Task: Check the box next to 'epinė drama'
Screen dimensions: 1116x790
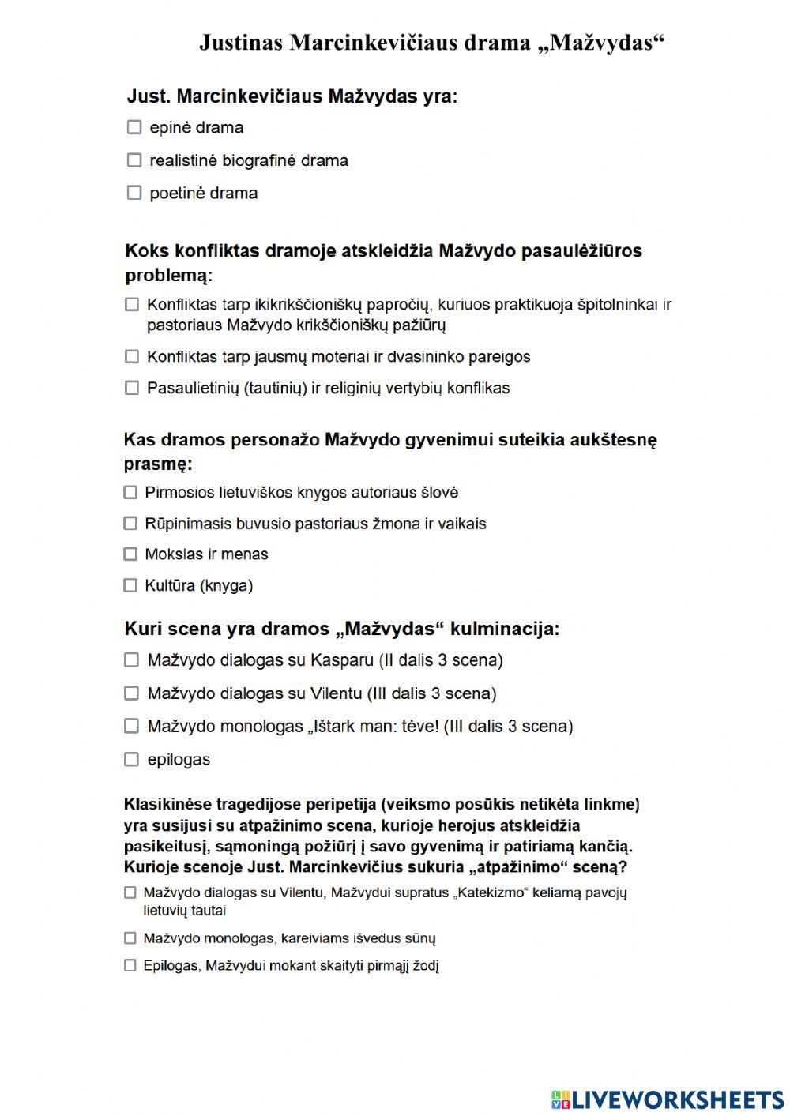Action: click(134, 127)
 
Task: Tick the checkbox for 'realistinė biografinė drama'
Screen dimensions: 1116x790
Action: click(134, 160)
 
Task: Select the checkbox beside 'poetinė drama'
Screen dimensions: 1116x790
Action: click(134, 193)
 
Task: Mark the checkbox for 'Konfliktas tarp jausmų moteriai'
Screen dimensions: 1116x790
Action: click(132, 357)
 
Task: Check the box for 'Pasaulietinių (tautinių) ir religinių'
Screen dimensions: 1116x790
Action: click(132, 388)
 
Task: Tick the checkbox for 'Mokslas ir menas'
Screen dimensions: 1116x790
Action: click(130, 554)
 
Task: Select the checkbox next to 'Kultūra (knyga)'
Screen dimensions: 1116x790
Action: click(130, 585)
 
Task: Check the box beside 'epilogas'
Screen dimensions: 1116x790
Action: click(132, 760)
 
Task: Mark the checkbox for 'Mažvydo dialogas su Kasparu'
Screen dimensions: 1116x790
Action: click(132, 659)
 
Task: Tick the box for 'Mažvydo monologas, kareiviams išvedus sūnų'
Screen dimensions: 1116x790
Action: click(130, 938)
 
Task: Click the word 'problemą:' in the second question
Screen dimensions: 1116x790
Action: click(169, 276)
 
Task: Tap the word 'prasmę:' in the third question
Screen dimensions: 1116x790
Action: click(158, 464)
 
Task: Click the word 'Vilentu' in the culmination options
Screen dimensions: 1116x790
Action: click(336, 694)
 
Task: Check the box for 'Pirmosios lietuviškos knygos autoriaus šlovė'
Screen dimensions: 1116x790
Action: click(130, 493)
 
